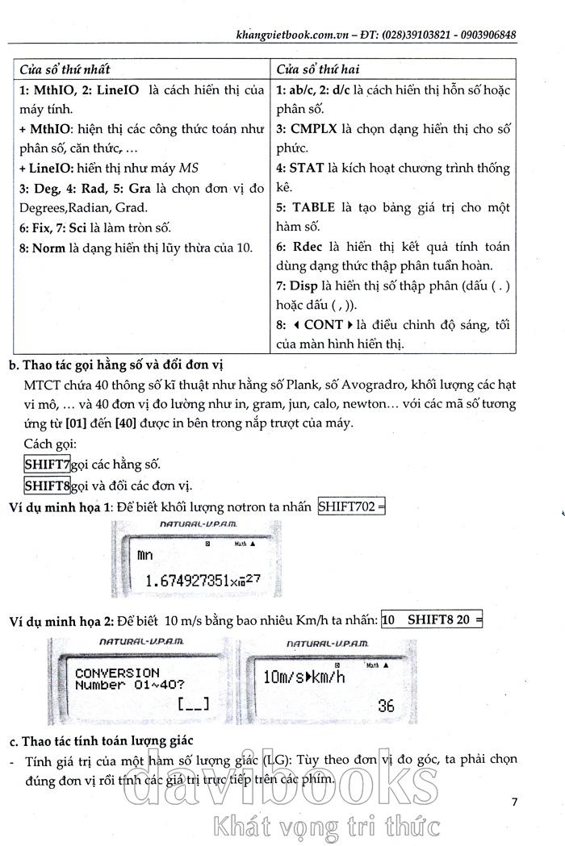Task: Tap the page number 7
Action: click(515, 802)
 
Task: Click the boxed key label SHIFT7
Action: click(48, 465)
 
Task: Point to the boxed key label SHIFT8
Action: click(48, 486)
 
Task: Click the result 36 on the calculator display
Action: click(386, 706)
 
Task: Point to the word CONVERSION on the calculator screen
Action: click(117, 672)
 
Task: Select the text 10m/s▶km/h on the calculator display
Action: click(304, 677)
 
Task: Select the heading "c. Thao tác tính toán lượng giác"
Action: click(101, 740)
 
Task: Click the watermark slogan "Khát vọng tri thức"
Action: click(323, 826)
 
